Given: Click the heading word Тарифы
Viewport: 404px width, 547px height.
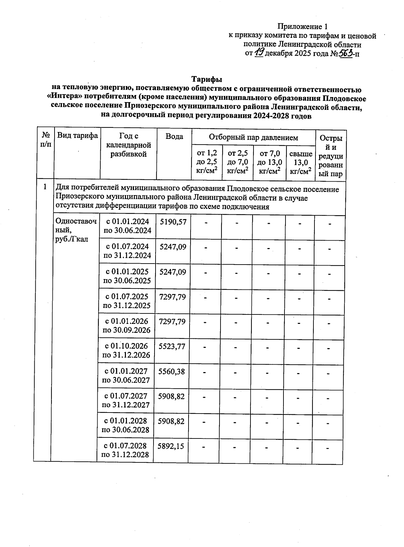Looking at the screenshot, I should tap(207, 80).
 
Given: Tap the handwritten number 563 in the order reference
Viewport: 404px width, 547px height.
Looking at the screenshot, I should tap(346, 53).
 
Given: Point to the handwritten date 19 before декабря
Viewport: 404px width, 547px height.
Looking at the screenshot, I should tap(260, 52).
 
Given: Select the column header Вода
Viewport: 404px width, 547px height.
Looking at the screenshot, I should tap(174, 136).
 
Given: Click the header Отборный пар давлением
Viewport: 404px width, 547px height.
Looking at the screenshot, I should tap(253, 138).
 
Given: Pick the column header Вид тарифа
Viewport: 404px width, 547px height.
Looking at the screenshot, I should tap(77, 136).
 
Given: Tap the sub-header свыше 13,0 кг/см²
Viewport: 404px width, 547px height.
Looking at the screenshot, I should tap(300, 163).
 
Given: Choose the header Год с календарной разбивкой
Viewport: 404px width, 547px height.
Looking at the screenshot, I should tap(129, 145).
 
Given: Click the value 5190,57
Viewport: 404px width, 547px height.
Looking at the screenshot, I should tap(173, 222).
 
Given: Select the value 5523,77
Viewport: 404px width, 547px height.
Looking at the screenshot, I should tap(172, 346).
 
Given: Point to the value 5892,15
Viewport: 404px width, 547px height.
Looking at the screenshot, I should tap(171, 446).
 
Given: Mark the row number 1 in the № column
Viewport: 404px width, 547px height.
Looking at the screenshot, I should tap(45, 186).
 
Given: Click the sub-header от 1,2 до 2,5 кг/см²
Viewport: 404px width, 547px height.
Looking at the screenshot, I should tap(207, 162).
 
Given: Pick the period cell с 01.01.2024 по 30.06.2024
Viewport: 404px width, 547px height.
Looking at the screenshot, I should tap(128, 226).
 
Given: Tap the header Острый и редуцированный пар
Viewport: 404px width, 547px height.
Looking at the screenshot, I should tap(331, 156).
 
